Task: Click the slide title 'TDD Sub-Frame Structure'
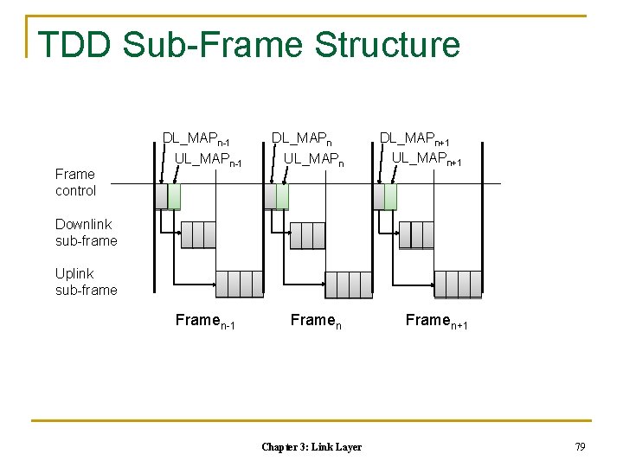point(249,44)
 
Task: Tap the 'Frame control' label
point(75,182)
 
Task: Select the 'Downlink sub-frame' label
point(86,233)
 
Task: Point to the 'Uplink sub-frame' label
point(86,282)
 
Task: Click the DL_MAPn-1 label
point(196,138)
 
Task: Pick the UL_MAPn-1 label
point(208,160)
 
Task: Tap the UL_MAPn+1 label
point(425,160)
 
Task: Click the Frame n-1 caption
point(205,322)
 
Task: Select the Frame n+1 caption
point(437,322)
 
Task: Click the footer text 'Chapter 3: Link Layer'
point(311,446)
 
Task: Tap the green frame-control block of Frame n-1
point(174,196)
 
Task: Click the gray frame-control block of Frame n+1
point(378,196)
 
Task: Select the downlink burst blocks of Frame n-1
point(197,234)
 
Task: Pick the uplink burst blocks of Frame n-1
point(239,284)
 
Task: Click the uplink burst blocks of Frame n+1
point(457,284)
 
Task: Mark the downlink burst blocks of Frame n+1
point(416,234)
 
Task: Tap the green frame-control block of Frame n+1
point(390,196)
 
